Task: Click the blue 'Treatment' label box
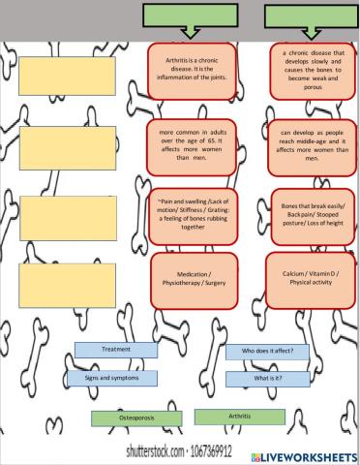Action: tap(116, 350)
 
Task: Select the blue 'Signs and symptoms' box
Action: tap(111, 377)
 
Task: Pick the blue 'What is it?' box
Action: tap(267, 377)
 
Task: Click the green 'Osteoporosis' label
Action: tap(135, 418)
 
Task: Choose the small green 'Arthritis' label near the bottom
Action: tap(239, 417)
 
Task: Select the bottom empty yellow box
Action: tap(59, 281)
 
